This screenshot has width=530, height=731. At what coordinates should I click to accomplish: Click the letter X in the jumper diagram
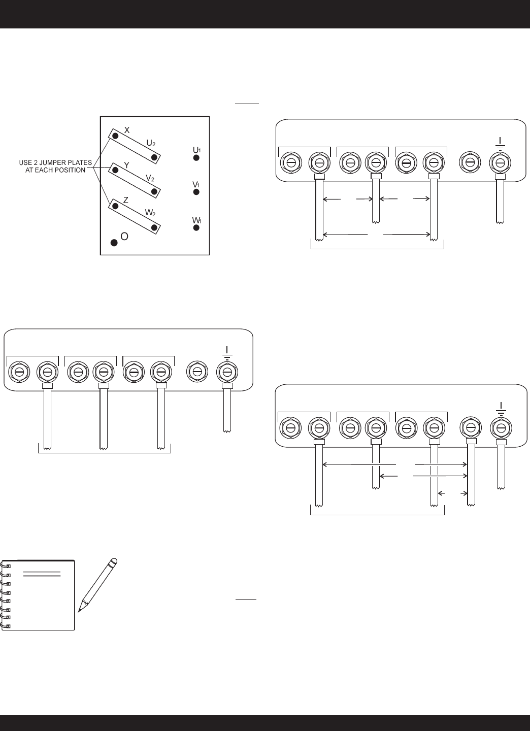(x=127, y=130)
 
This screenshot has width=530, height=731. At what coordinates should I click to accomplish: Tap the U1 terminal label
(x=196, y=150)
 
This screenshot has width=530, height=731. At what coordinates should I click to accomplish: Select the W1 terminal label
(x=196, y=220)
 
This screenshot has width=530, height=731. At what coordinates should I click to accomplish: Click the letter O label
(x=124, y=237)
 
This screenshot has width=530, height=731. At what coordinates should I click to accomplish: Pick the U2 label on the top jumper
(x=151, y=144)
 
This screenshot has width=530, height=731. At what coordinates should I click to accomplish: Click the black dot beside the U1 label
(x=196, y=158)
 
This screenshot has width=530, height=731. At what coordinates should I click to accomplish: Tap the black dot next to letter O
(x=114, y=243)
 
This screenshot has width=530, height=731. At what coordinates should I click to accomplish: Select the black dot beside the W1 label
(x=196, y=228)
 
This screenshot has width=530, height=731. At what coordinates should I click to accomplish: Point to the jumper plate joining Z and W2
(x=136, y=216)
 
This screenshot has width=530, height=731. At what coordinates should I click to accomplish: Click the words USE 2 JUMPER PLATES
(x=55, y=162)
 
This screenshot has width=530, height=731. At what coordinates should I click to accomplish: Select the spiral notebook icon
(x=39, y=595)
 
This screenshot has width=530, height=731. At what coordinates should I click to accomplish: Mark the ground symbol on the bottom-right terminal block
(x=501, y=408)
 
